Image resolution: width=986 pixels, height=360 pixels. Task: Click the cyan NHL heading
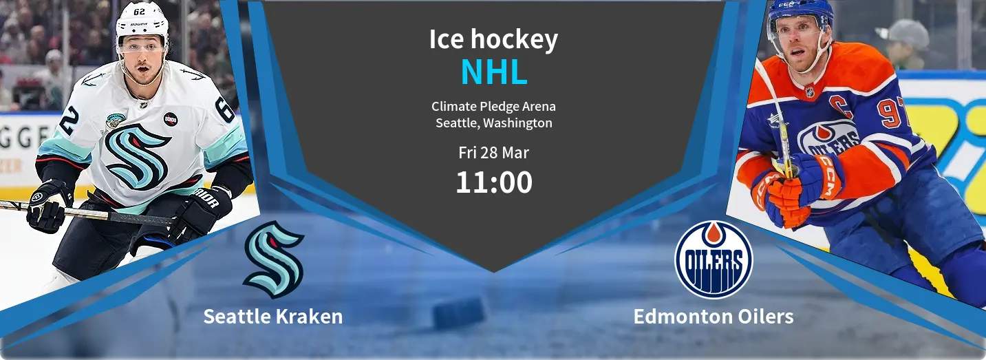point(494,72)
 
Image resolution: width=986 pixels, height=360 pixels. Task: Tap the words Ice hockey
point(493,39)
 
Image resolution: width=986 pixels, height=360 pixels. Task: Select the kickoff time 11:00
point(494,182)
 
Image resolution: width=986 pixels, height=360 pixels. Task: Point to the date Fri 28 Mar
point(493,152)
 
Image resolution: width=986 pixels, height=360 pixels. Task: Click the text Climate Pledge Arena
point(493,106)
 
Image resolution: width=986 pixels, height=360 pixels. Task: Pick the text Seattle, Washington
point(494,123)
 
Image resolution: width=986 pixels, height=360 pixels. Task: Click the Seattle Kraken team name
point(273,317)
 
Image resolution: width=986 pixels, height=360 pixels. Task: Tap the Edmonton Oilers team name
point(713,317)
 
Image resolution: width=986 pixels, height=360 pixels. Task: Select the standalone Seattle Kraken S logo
point(273,260)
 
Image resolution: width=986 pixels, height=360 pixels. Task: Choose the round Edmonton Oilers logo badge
point(714,260)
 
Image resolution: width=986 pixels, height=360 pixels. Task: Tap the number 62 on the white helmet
point(139,12)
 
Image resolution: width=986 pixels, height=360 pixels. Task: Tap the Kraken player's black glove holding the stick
point(48,206)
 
